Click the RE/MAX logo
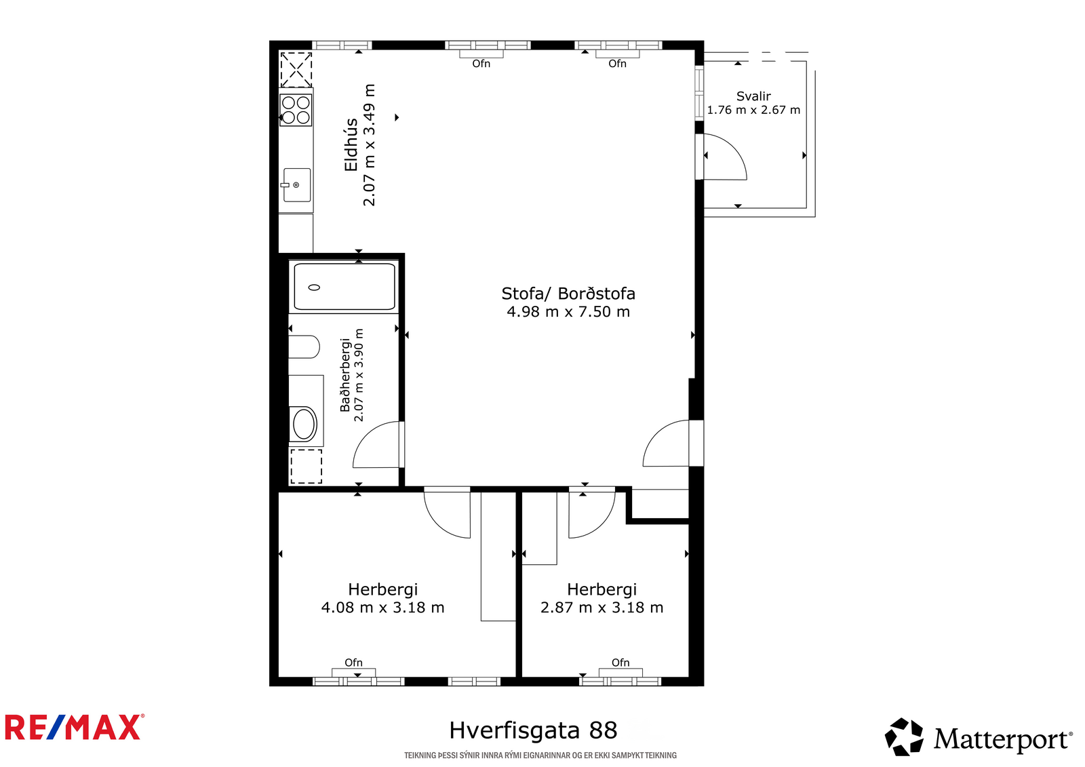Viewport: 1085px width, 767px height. point(75,727)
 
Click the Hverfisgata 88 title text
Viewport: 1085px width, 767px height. point(533,730)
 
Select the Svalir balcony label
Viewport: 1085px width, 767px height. point(753,96)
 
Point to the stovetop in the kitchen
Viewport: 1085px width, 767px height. point(296,110)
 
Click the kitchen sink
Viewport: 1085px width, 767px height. point(296,184)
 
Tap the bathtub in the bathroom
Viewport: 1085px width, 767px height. point(344,286)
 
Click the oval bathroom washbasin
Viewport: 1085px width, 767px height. point(304,424)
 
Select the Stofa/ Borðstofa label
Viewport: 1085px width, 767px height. point(568,294)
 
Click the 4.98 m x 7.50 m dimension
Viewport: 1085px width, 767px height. point(568,311)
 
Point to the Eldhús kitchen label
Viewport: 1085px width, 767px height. point(351,145)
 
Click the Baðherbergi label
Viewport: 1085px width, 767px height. point(345,375)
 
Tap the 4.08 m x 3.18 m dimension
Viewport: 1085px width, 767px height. point(382,607)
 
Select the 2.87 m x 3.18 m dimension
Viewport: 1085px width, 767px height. point(601,607)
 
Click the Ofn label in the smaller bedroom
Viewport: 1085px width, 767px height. point(620,663)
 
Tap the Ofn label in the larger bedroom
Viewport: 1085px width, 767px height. point(353,663)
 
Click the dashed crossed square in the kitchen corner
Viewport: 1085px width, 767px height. point(296,70)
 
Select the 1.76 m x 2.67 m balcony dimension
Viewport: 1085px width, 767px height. point(753,110)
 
